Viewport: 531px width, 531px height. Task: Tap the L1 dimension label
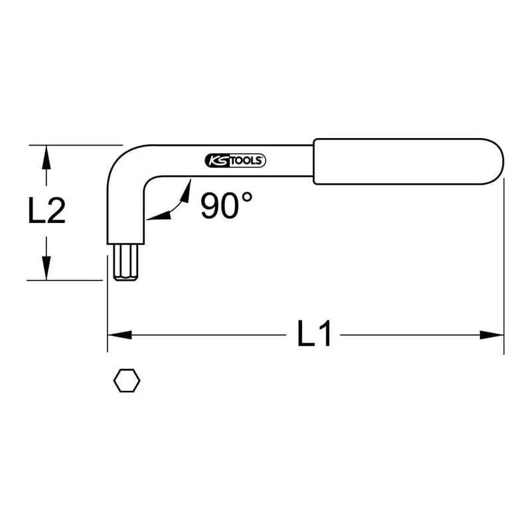click(313, 335)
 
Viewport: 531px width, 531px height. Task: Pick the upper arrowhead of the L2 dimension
click(45, 155)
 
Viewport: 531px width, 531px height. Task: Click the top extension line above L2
click(76, 145)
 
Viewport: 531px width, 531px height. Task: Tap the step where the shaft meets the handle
click(314, 161)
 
